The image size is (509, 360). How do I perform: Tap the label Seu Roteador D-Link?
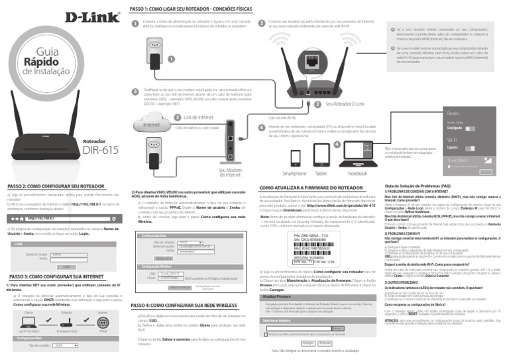(345, 105)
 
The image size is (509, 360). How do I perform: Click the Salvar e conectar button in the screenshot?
(179, 287)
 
